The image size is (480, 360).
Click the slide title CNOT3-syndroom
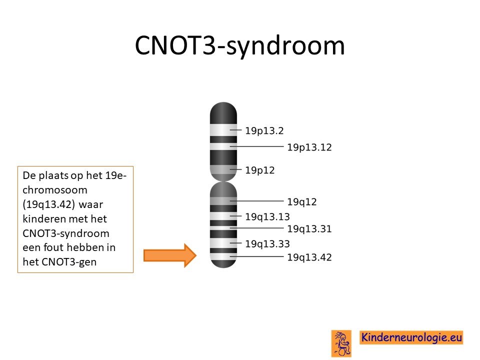239,45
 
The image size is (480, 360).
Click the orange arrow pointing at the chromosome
170,255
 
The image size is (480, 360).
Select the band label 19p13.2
264,130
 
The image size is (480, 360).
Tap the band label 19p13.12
309,147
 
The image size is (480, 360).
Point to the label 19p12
260,170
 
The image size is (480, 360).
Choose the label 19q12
302,201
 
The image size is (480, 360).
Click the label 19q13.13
267,216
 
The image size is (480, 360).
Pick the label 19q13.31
309,228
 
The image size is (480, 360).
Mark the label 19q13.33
267,243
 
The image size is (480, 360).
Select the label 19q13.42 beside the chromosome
309,257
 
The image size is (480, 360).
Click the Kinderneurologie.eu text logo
411,337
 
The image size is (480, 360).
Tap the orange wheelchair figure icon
341,343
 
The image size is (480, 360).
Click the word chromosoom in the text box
55,190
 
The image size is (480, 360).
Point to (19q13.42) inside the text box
48,204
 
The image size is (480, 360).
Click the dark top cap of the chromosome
223,113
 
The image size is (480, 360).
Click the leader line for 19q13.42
257,256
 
